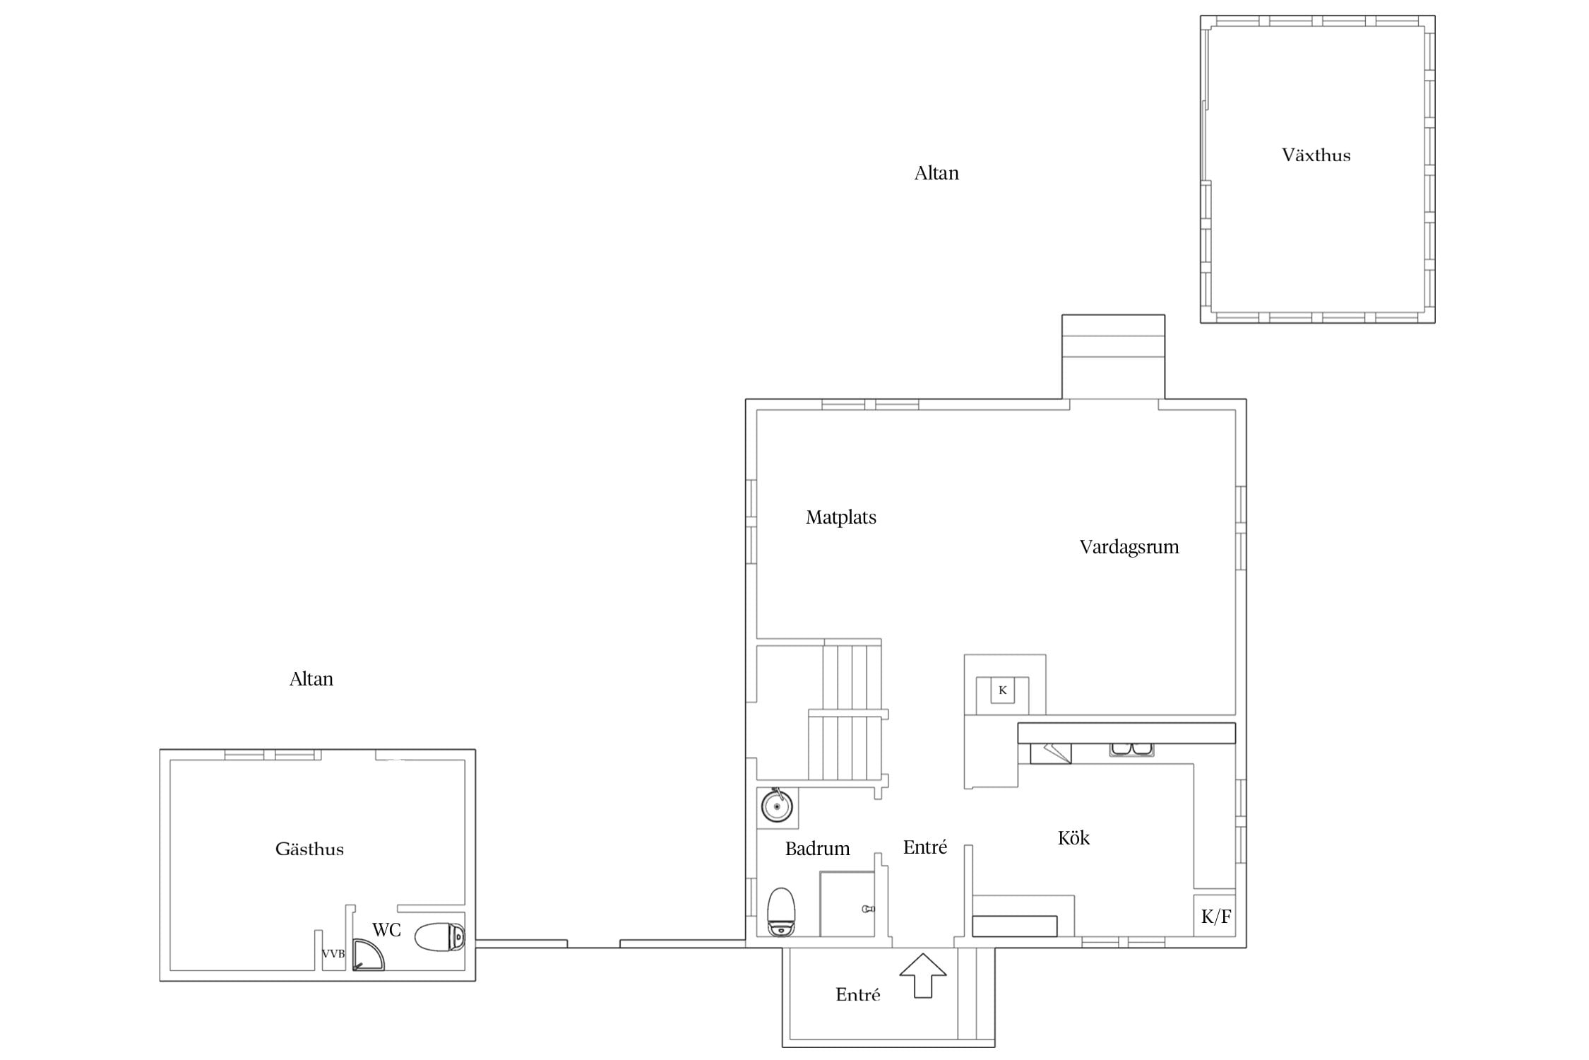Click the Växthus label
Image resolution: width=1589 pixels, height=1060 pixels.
1316,155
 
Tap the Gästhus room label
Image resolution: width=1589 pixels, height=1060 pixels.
309,849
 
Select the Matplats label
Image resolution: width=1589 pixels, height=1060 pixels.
840,517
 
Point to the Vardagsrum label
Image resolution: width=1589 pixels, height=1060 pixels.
1129,547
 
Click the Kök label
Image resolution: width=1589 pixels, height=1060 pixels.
1073,838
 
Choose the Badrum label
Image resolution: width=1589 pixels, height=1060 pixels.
817,849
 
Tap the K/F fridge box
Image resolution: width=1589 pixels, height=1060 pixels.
1215,916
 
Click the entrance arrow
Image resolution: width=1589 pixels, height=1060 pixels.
922,975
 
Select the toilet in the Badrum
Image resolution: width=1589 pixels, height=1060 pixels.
781,912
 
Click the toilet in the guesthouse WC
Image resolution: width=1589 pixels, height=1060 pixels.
440,937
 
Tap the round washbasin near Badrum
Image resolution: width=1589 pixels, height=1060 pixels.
777,806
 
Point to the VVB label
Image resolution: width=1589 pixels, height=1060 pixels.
333,954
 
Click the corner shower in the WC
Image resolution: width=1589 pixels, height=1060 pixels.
367,955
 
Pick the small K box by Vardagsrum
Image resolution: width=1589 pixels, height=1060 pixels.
1002,690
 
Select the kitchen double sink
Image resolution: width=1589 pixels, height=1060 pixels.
1131,749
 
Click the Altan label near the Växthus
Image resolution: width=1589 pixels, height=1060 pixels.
936,173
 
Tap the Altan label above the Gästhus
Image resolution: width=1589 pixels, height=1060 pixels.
311,679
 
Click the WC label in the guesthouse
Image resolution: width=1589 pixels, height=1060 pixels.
386,930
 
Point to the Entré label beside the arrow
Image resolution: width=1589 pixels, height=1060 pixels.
857,995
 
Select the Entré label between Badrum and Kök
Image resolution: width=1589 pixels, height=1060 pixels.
924,847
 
